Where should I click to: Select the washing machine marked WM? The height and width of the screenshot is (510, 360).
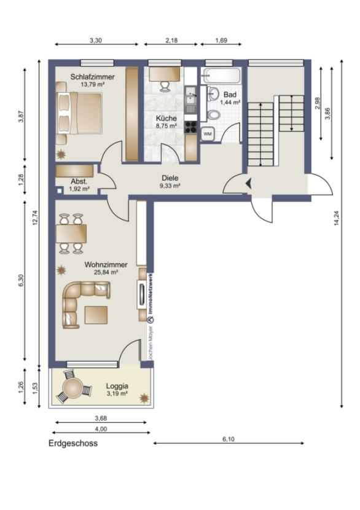pyautogui.click(x=207, y=133)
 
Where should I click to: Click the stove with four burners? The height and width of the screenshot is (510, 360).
pyautogui.click(x=190, y=128)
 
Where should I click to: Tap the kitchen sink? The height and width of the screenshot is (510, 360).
pyautogui.click(x=190, y=97)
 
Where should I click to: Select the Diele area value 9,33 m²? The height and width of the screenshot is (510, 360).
pyautogui.click(x=170, y=186)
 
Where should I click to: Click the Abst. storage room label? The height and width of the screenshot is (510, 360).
pyautogui.click(x=79, y=182)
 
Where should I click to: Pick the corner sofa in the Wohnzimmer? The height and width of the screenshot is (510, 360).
pyautogui.click(x=84, y=301)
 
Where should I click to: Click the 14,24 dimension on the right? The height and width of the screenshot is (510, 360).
pyautogui.click(x=336, y=224)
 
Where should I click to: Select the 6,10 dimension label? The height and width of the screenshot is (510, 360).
pyautogui.click(x=228, y=439)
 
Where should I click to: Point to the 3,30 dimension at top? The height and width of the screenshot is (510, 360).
pyautogui.click(x=96, y=40)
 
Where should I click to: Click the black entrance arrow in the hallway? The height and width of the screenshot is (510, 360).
pyautogui.click(x=248, y=182)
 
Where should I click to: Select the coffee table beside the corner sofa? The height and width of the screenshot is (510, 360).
pyautogui.click(x=96, y=314)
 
